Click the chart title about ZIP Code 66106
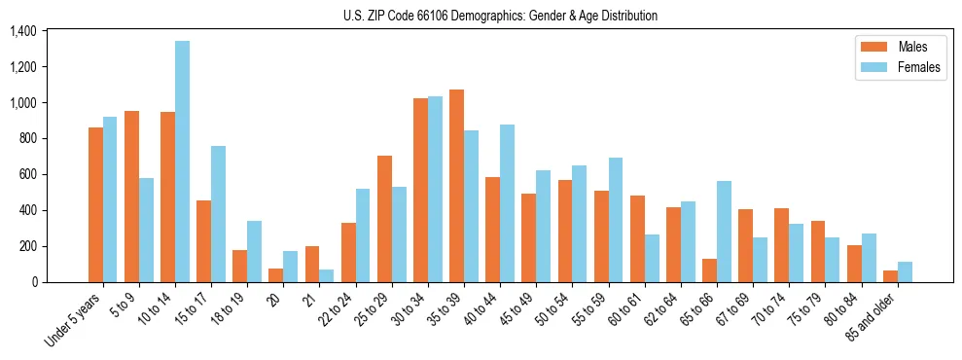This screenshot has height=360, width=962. [500, 16]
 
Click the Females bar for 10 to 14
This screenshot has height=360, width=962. [182, 162]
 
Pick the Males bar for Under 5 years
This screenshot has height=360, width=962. [95, 204]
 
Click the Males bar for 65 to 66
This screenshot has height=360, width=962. [708, 270]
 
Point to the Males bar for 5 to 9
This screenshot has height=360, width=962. [131, 197]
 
